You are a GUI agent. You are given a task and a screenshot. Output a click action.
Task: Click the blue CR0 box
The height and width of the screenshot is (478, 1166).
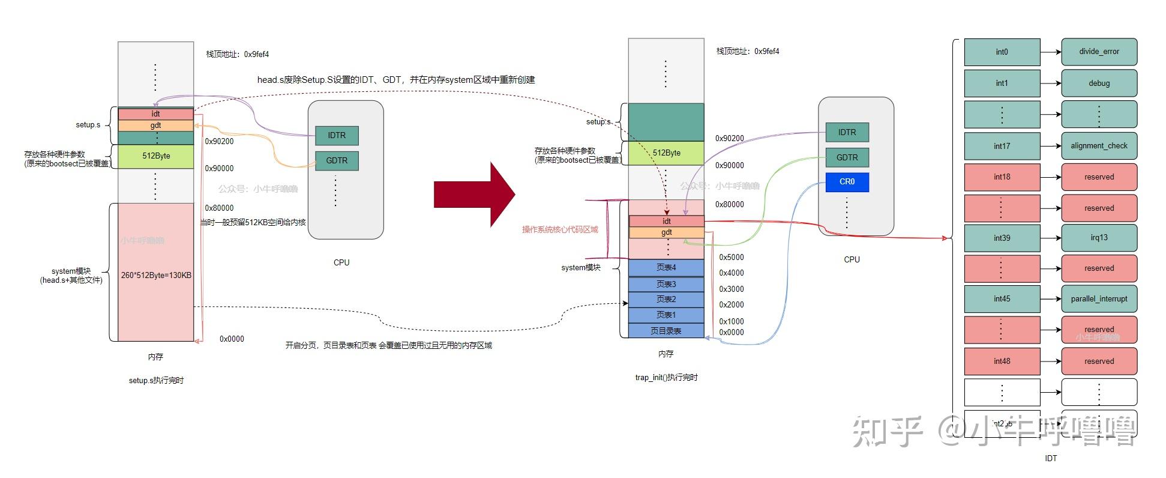847,182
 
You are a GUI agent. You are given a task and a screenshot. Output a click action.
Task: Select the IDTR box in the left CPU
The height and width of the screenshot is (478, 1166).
337,136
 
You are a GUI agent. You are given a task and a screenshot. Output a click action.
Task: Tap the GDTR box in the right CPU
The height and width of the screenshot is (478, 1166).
847,157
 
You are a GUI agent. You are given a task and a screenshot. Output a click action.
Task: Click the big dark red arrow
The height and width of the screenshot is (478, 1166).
474,195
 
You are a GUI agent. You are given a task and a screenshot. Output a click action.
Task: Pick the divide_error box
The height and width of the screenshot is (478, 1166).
1099,52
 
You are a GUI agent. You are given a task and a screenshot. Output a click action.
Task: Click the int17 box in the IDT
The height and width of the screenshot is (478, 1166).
1002,146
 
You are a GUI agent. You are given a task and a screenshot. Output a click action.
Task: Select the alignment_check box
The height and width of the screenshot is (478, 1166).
1099,146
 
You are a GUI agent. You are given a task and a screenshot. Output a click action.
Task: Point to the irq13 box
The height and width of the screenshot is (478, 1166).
1099,238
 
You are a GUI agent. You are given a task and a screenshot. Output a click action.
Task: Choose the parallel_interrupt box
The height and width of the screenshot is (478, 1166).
1099,299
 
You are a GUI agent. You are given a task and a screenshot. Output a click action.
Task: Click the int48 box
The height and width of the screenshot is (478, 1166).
1002,362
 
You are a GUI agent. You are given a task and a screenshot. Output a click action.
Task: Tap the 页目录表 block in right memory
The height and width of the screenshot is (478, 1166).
666,331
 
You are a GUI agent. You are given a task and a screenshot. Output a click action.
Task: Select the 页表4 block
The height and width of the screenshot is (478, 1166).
666,268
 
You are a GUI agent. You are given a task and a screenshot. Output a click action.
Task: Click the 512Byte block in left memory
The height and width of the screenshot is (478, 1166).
156,156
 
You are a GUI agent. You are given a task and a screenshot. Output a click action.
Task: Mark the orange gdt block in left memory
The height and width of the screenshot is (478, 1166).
156,126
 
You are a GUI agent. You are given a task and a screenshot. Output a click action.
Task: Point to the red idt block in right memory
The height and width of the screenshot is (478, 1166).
666,222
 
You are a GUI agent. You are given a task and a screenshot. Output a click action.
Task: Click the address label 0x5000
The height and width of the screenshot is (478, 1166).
732,258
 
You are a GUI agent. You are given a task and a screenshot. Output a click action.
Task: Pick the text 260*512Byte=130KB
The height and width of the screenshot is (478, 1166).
156,276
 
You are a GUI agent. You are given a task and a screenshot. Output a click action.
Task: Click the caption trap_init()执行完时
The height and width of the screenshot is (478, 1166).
666,378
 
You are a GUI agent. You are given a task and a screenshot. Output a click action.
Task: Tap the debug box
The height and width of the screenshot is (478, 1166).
1099,83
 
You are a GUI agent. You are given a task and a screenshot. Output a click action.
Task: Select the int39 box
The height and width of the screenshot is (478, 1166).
1002,238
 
